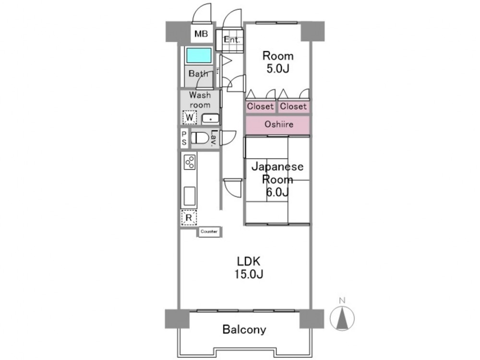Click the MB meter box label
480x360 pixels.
tap(201, 34)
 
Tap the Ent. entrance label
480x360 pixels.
tap(232, 39)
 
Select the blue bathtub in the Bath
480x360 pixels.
tap(199, 55)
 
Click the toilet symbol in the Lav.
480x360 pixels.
tap(200, 138)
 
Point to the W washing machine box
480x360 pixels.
tap(190, 117)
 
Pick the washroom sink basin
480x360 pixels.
tap(210, 119)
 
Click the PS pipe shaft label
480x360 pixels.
tap(184, 138)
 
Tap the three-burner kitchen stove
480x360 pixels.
tap(190, 162)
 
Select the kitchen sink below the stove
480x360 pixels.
tap(190, 196)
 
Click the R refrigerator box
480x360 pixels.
tap(189, 217)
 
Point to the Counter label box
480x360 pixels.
tap(209, 231)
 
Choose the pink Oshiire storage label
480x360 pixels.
tap(279, 124)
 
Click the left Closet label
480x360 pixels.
tap(260, 106)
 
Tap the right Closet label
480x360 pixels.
tap(293, 106)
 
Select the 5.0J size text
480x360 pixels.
tap(277, 69)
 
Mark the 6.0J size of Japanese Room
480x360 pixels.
tap(277, 192)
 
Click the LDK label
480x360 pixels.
tap(249, 262)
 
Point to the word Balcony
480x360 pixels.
tap(244, 329)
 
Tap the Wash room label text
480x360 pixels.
tap(200, 100)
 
